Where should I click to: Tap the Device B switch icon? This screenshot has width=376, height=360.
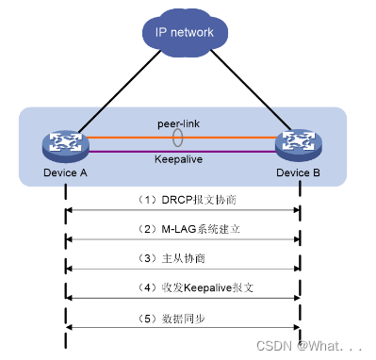point(300,144)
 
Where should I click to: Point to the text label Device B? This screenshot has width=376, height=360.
point(300,172)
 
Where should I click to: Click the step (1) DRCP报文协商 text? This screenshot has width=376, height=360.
point(182,200)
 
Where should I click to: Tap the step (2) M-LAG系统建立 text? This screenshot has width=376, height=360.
point(182,229)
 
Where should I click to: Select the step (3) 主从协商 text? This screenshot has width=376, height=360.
point(182,258)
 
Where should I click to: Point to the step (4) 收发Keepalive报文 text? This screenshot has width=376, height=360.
point(182,287)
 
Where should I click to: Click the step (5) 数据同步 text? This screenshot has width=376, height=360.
point(182,317)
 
